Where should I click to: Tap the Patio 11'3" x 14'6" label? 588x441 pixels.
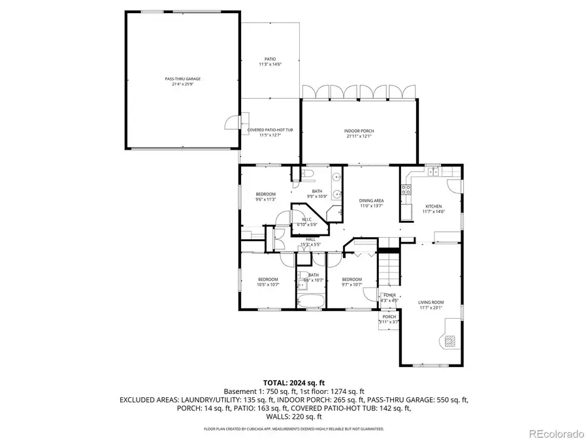click(270, 61)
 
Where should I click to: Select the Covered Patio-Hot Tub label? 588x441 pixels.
click(270, 133)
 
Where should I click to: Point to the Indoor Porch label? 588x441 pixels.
click(359, 133)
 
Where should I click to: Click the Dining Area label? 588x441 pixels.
click(371, 203)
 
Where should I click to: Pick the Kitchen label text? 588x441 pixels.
click(434, 208)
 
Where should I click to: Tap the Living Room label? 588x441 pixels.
click(431, 304)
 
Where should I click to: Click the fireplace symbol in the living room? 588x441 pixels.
click(449, 340)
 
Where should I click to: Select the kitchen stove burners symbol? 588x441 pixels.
click(406, 190)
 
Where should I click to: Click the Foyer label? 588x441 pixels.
click(389, 297)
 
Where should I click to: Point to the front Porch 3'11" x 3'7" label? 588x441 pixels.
click(389, 319)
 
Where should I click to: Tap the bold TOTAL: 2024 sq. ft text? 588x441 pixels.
click(293, 382)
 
